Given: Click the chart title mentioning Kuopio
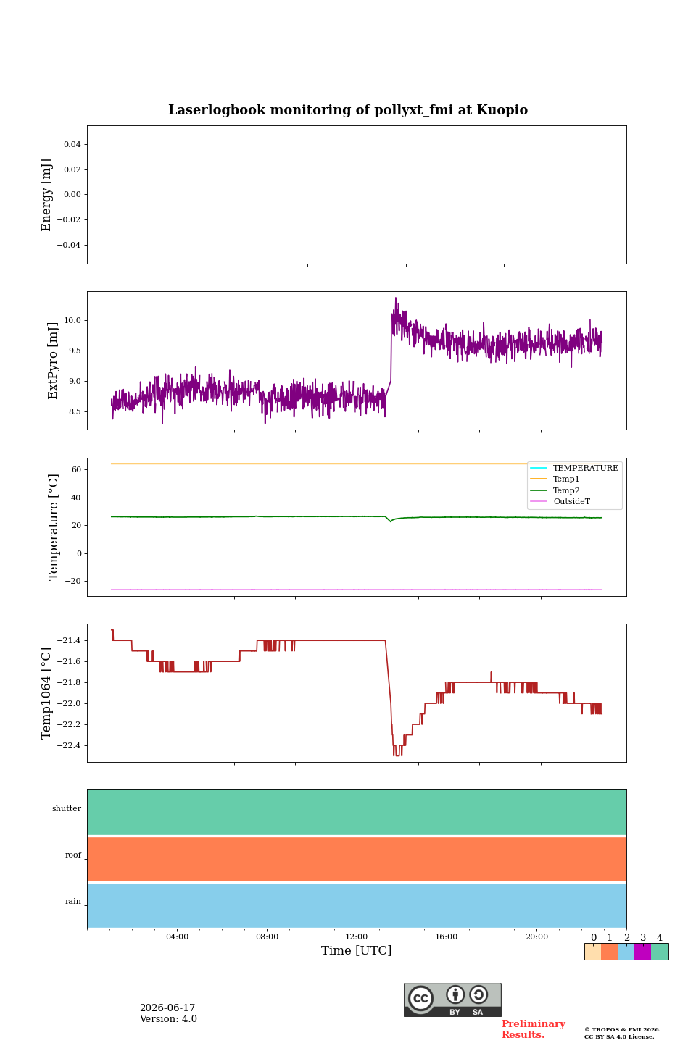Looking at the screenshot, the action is point(348,110).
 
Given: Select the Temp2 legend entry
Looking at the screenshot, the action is point(566,490).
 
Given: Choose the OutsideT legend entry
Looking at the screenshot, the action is point(571,501).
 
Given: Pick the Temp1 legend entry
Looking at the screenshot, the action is point(566,479).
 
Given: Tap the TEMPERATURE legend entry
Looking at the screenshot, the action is point(585,468).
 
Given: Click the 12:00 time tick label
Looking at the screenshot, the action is point(356,937).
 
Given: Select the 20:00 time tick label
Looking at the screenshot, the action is point(536,937).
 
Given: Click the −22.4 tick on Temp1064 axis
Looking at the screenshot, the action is point(69,745).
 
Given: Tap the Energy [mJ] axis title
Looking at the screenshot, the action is point(46,195).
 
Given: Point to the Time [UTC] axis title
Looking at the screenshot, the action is point(356,950).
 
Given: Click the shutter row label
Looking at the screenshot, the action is point(67,808).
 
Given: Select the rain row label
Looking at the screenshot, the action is point(72,901).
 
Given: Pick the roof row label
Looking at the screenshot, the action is point(72,855).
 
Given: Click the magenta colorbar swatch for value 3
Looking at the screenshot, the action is point(643,952).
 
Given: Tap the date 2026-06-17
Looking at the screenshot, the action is point(167,1008).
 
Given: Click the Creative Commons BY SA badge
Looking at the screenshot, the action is point(452,1000).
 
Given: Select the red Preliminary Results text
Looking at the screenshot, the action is point(534,1029).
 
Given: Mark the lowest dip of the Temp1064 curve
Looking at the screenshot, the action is point(397,755).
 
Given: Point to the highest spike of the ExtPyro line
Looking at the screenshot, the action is point(396,298).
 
